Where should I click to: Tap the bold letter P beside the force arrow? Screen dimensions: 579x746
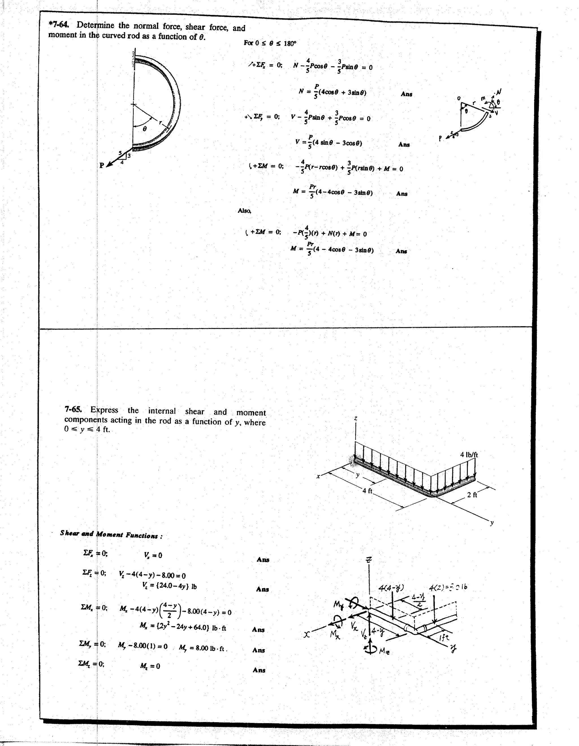point(101,165)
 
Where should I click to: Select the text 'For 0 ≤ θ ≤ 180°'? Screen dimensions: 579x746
point(270,43)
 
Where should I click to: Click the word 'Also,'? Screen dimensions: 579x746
point(244,211)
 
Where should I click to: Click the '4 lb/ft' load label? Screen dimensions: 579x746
point(469,455)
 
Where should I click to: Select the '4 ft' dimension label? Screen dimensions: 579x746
point(368,491)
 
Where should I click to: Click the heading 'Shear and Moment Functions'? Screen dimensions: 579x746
point(111,534)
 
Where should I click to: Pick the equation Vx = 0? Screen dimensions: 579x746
point(153,555)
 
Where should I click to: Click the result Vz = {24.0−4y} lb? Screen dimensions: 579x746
point(169,586)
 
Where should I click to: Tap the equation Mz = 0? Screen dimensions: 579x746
point(150,666)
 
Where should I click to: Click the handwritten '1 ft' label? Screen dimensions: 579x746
point(444,637)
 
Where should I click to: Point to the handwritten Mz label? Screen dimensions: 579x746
point(384,652)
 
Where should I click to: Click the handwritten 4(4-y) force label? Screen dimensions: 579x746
point(391,588)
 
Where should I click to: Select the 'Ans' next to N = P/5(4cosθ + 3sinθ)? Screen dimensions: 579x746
point(406,94)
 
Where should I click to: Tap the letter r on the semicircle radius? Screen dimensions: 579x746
point(160,122)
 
